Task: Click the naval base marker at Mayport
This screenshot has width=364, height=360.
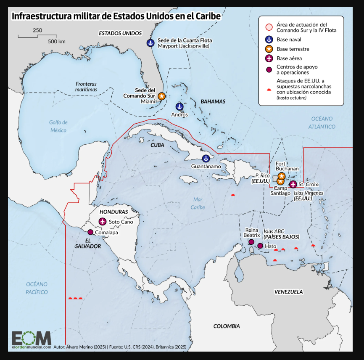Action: point(150,43)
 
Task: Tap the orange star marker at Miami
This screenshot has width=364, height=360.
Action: point(161,96)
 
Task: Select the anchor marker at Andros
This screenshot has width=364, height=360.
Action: point(179,107)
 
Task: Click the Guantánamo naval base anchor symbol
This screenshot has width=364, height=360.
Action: point(206,159)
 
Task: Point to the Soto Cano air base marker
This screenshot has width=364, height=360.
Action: point(103,222)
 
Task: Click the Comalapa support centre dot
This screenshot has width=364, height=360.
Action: point(90,232)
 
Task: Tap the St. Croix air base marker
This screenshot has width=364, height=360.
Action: point(293,184)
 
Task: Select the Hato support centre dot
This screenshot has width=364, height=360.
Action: point(260,246)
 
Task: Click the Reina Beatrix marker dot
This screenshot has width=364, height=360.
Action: point(251,242)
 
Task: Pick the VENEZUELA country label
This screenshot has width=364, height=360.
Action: point(288,291)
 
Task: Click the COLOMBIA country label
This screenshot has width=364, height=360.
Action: point(226,326)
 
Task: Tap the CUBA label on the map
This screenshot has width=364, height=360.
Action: point(157,145)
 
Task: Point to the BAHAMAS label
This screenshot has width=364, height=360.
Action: point(213,101)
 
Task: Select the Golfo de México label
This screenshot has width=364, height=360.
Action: point(58,126)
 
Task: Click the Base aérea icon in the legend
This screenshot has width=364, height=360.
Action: point(268,58)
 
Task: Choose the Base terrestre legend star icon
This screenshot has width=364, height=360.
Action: point(268,49)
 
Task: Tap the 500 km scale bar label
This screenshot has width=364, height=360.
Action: point(56,41)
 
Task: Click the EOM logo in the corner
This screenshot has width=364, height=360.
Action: point(31,338)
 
